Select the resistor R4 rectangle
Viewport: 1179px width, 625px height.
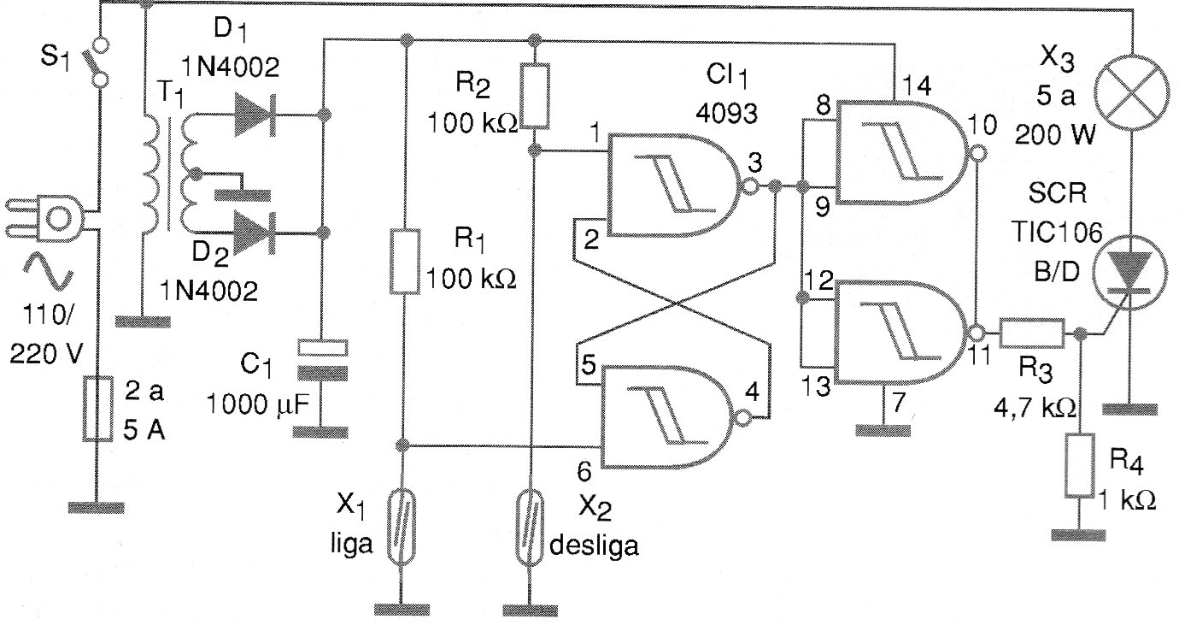1079,466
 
